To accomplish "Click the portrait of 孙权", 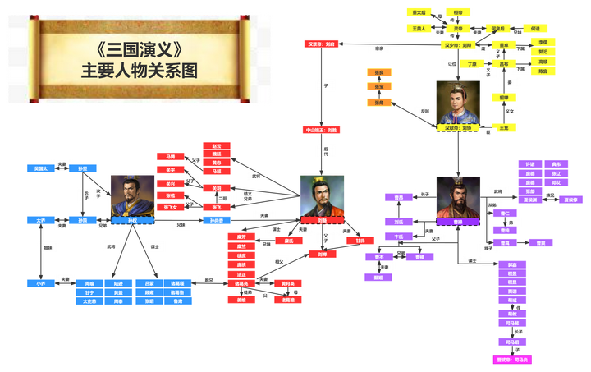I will pyautogui.click(x=131, y=195).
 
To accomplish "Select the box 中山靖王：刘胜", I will pyautogui.click(x=322, y=130).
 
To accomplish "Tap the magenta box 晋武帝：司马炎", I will pyautogui.click(x=512, y=359).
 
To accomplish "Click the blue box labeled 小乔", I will pyautogui.click(x=39, y=282).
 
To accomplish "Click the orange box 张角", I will pyautogui.click(x=379, y=103).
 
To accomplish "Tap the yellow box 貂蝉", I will pyautogui.click(x=504, y=97).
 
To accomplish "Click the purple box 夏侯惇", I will pyautogui.click(x=569, y=200).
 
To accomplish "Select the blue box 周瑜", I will pyautogui.click(x=89, y=282).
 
